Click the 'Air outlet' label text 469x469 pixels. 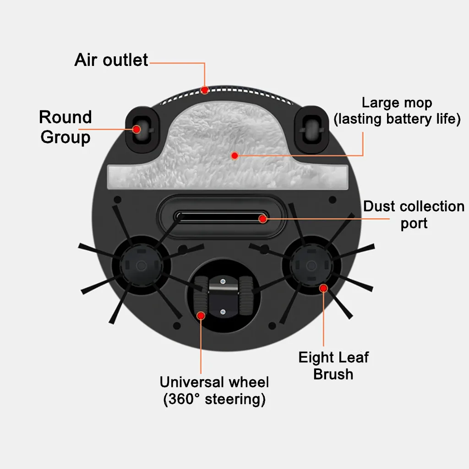tap(111, 60)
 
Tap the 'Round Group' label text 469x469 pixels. tap(65, 127)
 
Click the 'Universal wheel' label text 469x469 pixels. tap(214, 382)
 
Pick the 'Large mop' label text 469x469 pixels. tap(397, 103)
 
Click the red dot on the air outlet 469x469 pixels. tap(205, 89)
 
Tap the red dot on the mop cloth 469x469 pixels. tap(234, 156)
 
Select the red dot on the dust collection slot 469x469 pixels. tap(262, 219)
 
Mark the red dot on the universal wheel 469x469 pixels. tap(201, 315)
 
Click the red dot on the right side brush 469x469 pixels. tap(323, 288)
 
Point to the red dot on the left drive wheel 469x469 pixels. tap(136, 129)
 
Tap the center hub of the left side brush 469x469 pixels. tap(141, 266)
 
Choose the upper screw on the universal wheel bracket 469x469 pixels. tap(223, 282)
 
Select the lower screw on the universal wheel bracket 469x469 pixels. tap(223, 312)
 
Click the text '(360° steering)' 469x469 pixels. tap(214, 399)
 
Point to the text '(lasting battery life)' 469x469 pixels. tap(397, 120)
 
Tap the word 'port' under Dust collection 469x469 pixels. tap(414, 224)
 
